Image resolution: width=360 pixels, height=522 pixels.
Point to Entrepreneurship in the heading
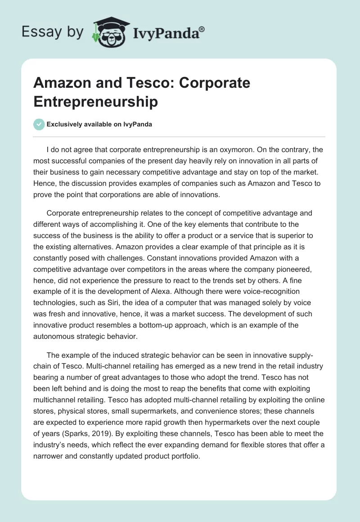point(95,101)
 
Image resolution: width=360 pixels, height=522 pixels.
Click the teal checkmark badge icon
point(39,124)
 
